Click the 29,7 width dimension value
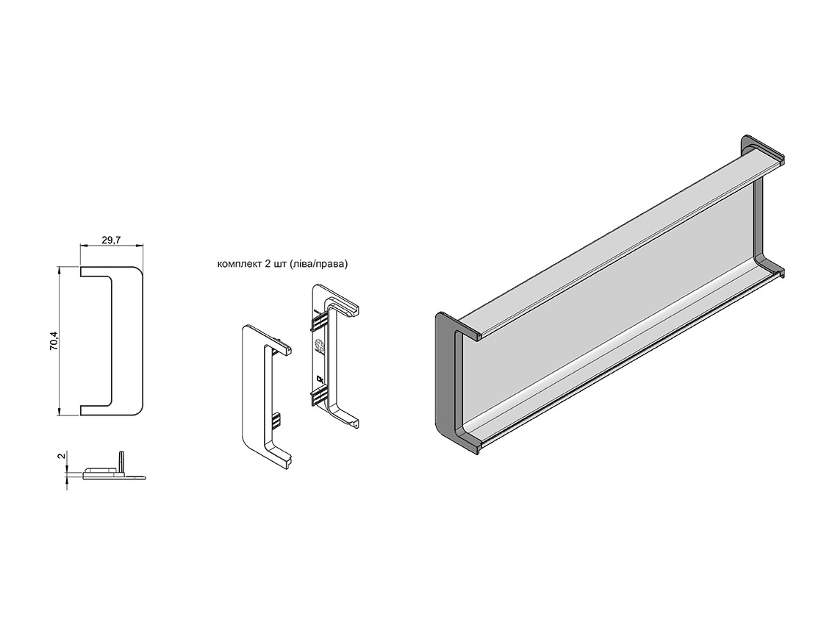111,240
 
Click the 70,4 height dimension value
53,340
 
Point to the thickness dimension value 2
62,456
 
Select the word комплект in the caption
239,264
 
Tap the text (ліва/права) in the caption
318,264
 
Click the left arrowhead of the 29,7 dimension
84,246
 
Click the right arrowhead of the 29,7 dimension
140,246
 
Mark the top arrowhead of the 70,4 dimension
59,271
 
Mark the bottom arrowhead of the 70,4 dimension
59,411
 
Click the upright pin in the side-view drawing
121,463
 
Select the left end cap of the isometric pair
266,398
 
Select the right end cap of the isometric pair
335,356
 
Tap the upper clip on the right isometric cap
318,322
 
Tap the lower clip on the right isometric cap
318,396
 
